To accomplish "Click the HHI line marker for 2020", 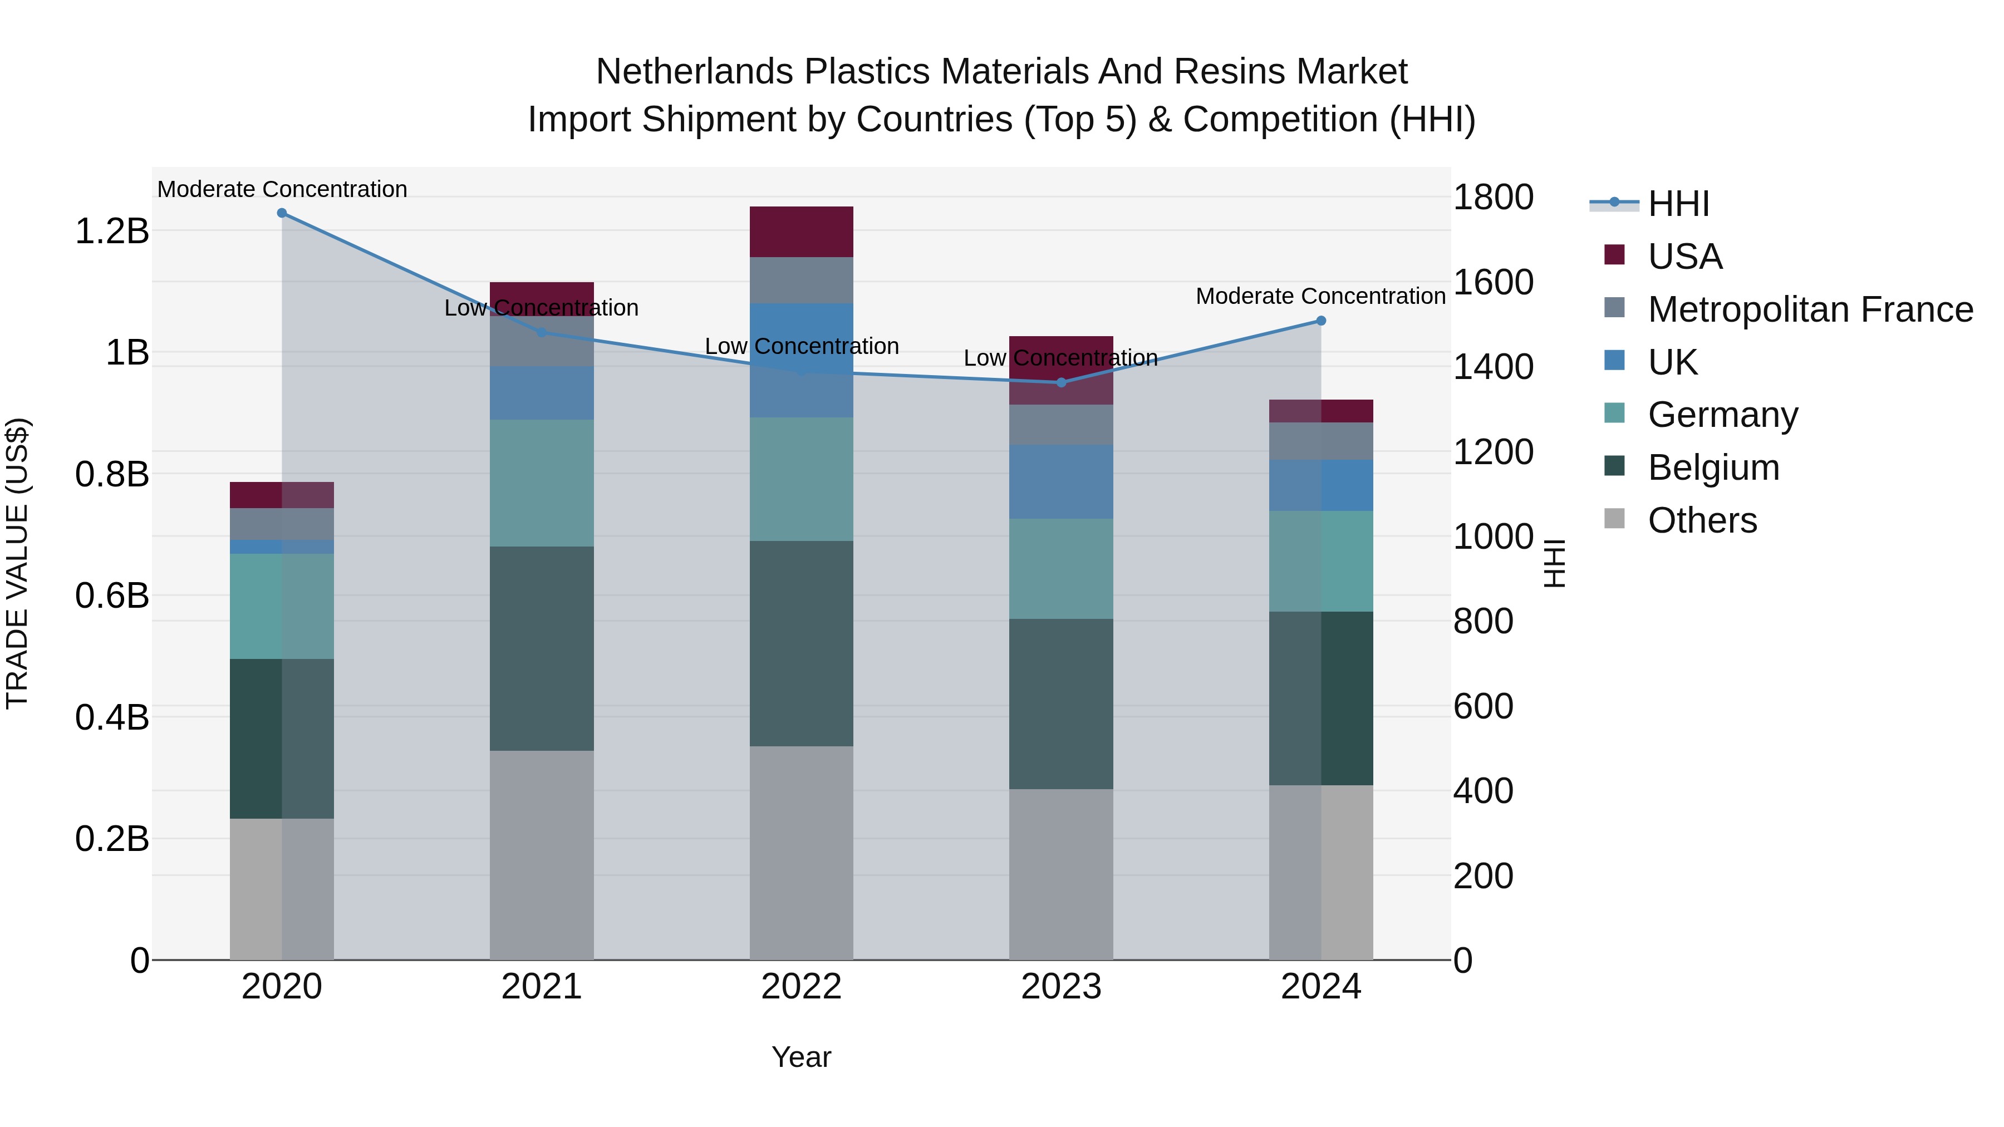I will (x=282, y=213).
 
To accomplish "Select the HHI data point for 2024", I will (x=1320, y=321).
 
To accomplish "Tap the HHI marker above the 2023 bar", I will (x=1061, y=382).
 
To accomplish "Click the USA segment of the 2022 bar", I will (x=801, y=232).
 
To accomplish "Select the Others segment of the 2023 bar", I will (x=1061, y=874).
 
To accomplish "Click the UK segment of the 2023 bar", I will (x=1061, y=481).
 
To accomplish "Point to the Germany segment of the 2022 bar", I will (x=801, y=479).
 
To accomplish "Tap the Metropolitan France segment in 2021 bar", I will (x=542, y=341).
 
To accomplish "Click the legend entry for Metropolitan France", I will (x=1810, y=309).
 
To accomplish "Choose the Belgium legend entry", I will (x=1713, y=467).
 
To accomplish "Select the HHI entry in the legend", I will (x=1678, y=204).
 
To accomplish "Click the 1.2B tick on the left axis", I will (x=112, y=231).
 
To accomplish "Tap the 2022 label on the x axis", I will (x=801, y=987).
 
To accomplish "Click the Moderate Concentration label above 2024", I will (x=1320, y=296).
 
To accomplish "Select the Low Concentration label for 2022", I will (x=801, y=346).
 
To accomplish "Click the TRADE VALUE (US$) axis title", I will (x=17, y=563).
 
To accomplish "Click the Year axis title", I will (x=801, y=1057).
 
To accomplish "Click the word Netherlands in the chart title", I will (x=695, y=72).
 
